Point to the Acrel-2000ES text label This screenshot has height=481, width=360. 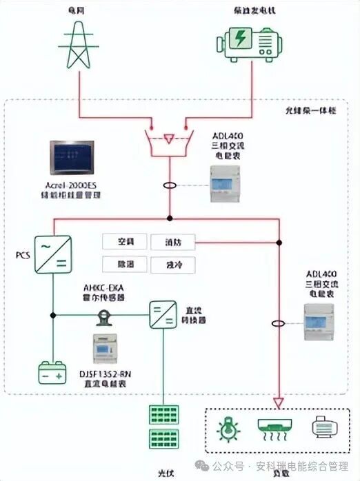pyautogui.click(x=73, y=186)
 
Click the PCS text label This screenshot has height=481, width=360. pyautogui.click(x=23, y=255)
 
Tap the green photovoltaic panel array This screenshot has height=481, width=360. pyautogui.click(x=163, y=427)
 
